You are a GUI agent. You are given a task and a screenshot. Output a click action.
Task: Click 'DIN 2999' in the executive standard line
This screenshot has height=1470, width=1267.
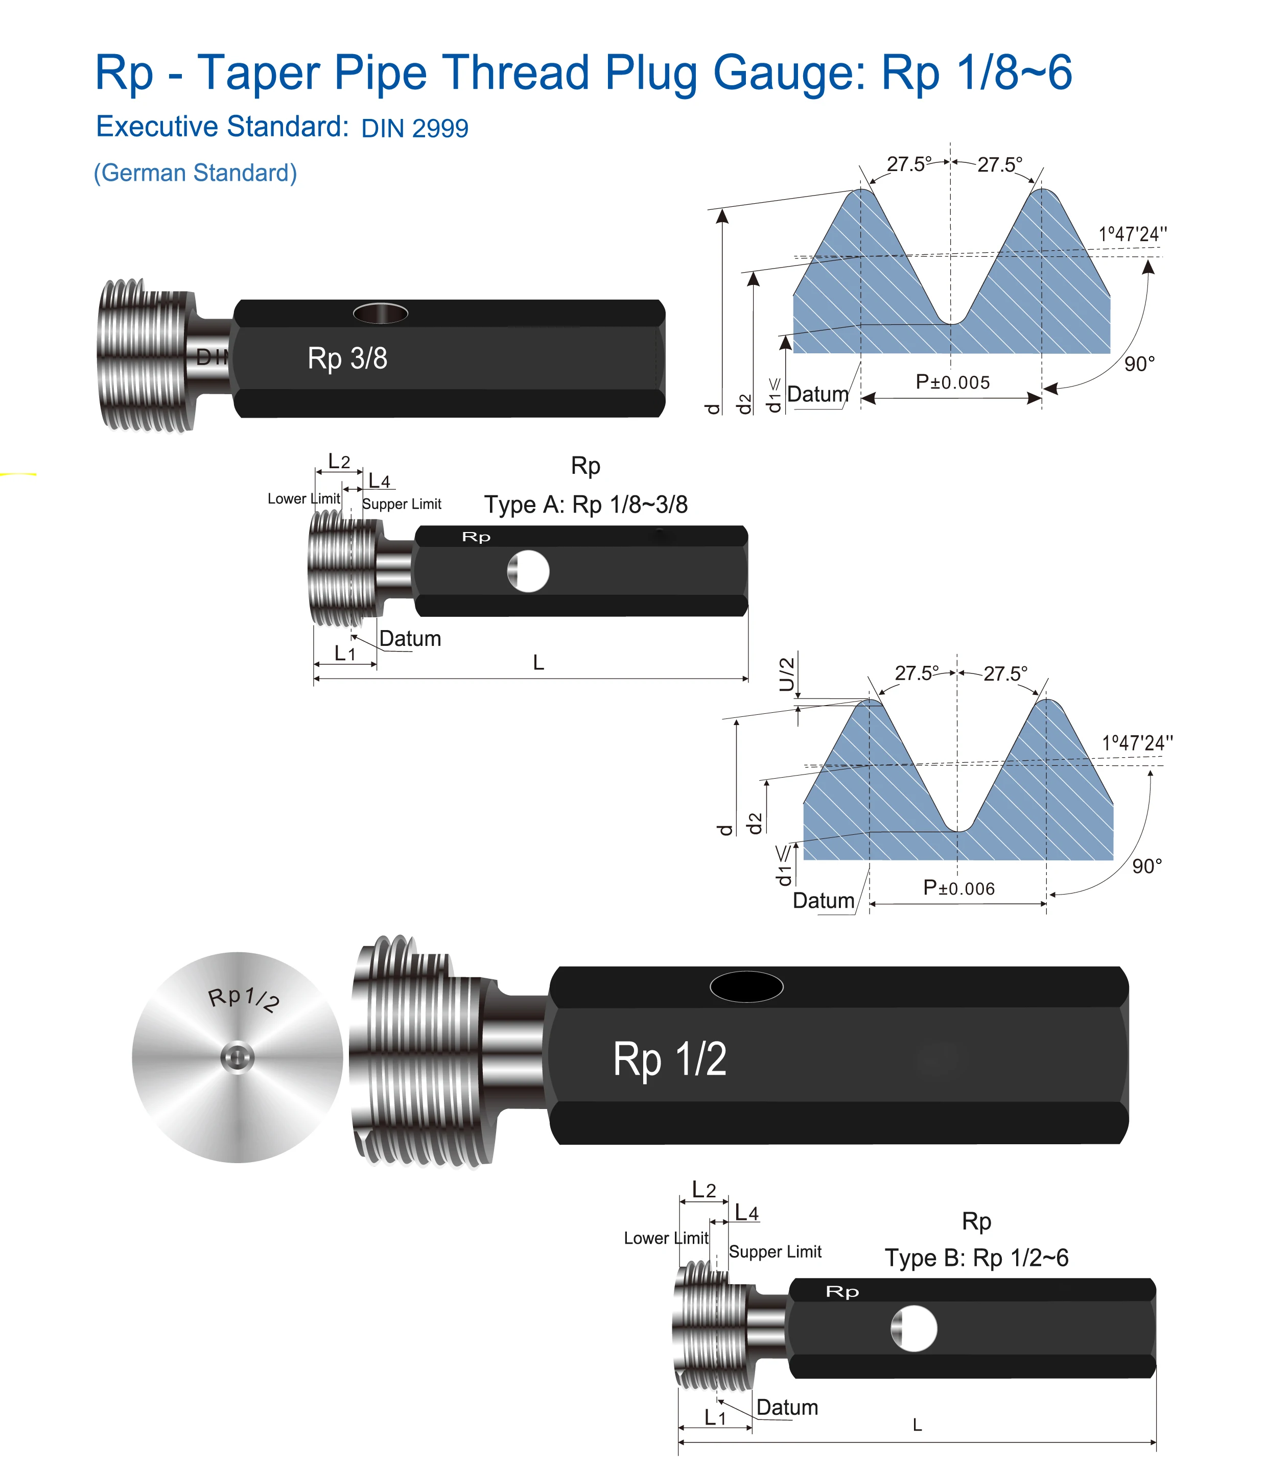(x=414, y=128)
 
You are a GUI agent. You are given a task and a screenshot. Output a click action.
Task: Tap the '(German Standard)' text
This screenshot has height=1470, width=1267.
(x=195, y=173)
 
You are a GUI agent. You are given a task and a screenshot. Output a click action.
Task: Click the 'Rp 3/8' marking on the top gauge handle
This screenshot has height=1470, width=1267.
(x=347, y=358)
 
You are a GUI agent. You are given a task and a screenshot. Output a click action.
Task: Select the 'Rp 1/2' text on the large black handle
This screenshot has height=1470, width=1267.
(x=669, y=1059)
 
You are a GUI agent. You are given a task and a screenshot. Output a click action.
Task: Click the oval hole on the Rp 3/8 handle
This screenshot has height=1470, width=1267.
(x=381, y=313)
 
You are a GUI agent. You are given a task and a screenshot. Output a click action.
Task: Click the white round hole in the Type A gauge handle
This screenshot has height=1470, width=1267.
(x=529, y=571)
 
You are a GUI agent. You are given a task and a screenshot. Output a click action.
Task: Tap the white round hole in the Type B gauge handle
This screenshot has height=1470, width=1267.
(x=914, y=1328)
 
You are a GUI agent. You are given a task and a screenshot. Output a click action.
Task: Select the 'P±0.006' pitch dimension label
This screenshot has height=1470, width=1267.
(x=958, y=888)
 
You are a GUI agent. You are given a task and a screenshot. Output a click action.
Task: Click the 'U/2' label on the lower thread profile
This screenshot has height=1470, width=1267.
(x=786, y=674)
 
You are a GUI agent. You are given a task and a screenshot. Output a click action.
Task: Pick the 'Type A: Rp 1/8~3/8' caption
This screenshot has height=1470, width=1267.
(x=585, y=504)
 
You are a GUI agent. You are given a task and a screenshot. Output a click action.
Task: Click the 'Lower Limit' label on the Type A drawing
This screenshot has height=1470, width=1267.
(x=304, y=499)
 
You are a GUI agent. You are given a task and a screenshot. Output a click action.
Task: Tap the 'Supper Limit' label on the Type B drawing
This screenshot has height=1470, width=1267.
(x=775, y=1251)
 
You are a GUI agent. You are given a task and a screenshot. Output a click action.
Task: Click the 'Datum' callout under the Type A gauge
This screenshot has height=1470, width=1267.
(x=410, y=639)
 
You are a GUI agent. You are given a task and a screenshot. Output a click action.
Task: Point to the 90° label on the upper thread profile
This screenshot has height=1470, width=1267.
(x=1139, y=364)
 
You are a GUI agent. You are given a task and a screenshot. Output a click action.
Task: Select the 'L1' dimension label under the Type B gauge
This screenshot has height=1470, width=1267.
(x=715, y=1417)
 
